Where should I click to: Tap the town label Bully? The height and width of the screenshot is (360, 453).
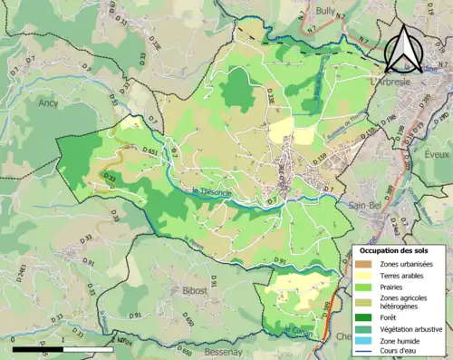click(x=326, y=11)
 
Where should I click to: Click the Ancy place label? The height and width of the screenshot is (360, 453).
click(x=48, y=102)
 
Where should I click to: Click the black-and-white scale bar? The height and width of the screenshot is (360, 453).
click(x=63, y=348)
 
